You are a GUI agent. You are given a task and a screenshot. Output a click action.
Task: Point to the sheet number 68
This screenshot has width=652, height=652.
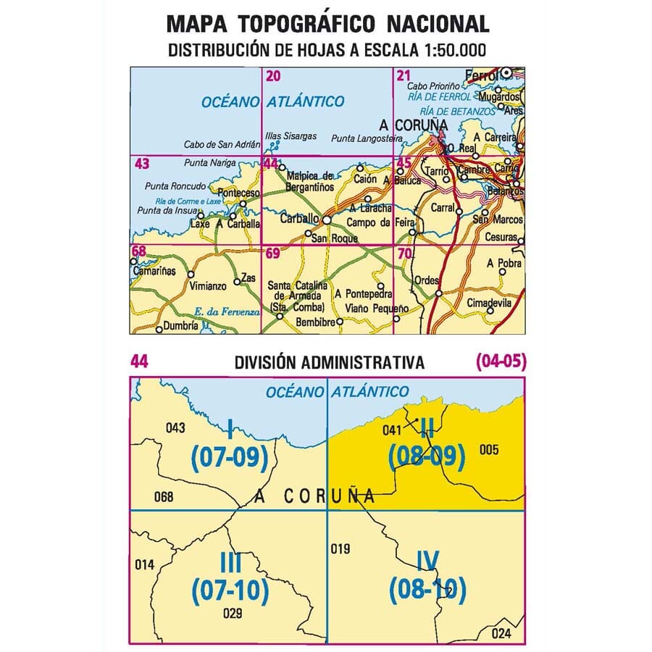tap(138, 252)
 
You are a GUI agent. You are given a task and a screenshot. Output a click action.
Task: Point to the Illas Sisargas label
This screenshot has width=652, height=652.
tap(289, 135)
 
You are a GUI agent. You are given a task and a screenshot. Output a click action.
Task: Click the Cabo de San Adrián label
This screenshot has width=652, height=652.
tap(218, 143)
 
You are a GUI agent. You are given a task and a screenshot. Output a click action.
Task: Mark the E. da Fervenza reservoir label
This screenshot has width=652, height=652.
tap(227, 312)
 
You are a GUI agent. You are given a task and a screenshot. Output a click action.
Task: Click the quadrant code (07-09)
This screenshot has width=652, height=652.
tap(230, 458)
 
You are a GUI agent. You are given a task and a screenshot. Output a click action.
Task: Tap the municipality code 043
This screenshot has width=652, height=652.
tap(175, 427)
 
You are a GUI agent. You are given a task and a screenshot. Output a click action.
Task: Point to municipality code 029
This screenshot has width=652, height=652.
tap(233, 614)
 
